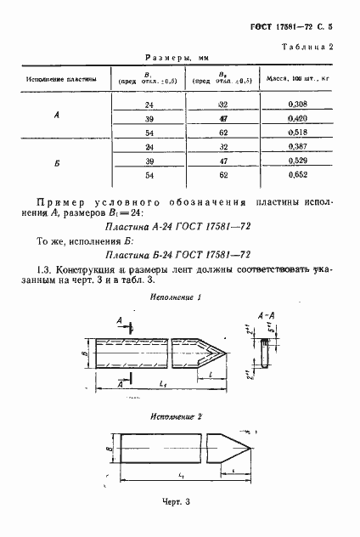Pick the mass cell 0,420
[x=296, y=117]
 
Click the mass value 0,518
[x=296, y=133]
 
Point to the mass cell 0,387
[x=296, y=148]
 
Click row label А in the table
[x=56, y=117]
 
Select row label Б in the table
[x=56, y=163]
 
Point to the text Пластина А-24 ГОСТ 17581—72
[x=175, y=229]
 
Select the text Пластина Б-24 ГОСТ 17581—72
[x=175, y=254]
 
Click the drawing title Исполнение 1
[x=175, y=298]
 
